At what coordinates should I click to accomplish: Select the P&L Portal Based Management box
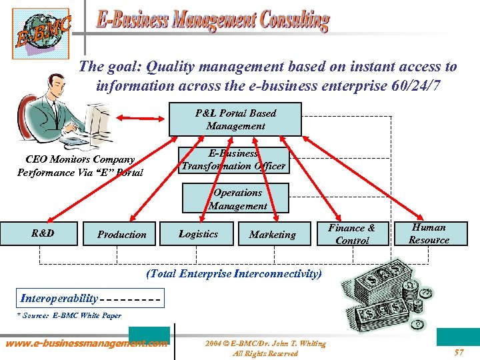click(x=235, y=119)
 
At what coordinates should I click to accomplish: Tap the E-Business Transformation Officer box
click(x=233, y=160)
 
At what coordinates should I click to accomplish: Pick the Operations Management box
click(x=237, y=199)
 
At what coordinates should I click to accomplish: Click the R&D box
click(x=42, y=233)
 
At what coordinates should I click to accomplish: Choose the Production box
click(x=122, y=234)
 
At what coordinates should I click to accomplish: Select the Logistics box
click(x=198, y=234)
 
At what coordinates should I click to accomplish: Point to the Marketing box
click(x=272, y=234)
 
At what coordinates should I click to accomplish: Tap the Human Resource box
click(x=429, y=233)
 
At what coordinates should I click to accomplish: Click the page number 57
click(x=459, y=352)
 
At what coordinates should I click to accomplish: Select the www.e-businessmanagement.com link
click(x=87, y=344)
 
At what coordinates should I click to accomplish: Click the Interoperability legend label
click(x=59, y=298)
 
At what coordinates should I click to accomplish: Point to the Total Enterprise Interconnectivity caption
click(x=233, y=273)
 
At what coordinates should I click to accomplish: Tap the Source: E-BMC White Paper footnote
click(x=69, y=315)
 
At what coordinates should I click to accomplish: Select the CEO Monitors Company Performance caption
click(x=80, y=166)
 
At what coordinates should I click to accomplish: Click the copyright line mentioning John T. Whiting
click(x=265, y=348)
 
